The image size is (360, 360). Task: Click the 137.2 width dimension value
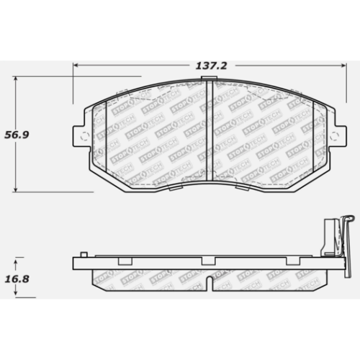pos(211,66)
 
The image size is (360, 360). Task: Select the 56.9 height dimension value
pos(17,135)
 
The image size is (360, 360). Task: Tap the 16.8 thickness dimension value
pos(17,279)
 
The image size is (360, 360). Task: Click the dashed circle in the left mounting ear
pos(84,137)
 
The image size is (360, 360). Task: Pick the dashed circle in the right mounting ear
pos(334,137)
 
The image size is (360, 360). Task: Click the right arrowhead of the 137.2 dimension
pos(343,66)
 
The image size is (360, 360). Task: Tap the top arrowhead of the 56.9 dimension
pos(16,80)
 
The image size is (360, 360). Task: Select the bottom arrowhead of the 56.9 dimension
pos(16,189)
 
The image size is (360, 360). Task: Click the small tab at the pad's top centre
pos(210,78)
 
